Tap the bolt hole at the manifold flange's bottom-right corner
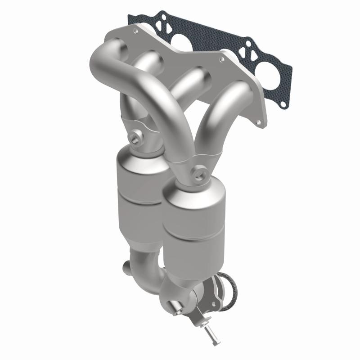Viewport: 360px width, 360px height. (258, 121)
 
